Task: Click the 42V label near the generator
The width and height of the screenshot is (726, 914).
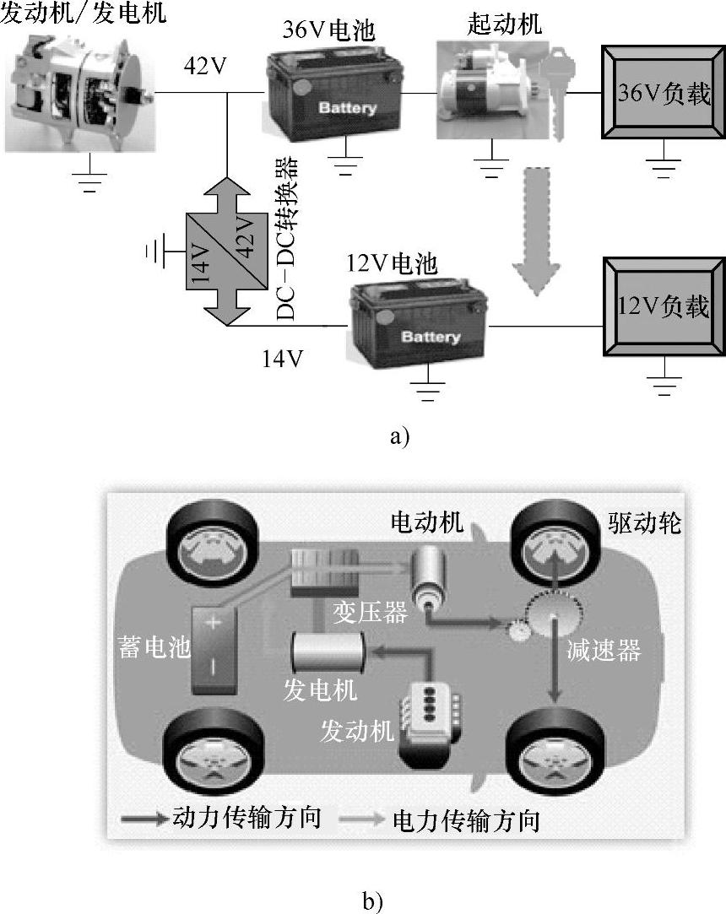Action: pyautogui.click(x=206, y=65)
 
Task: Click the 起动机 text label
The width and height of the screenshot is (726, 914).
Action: pyautogui.click(x=504, y=24)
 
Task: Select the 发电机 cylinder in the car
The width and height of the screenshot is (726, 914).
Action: pyautogui.click(x=328, y=651)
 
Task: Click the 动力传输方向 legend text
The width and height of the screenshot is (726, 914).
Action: pyautogui.click(x=246, y=818)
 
